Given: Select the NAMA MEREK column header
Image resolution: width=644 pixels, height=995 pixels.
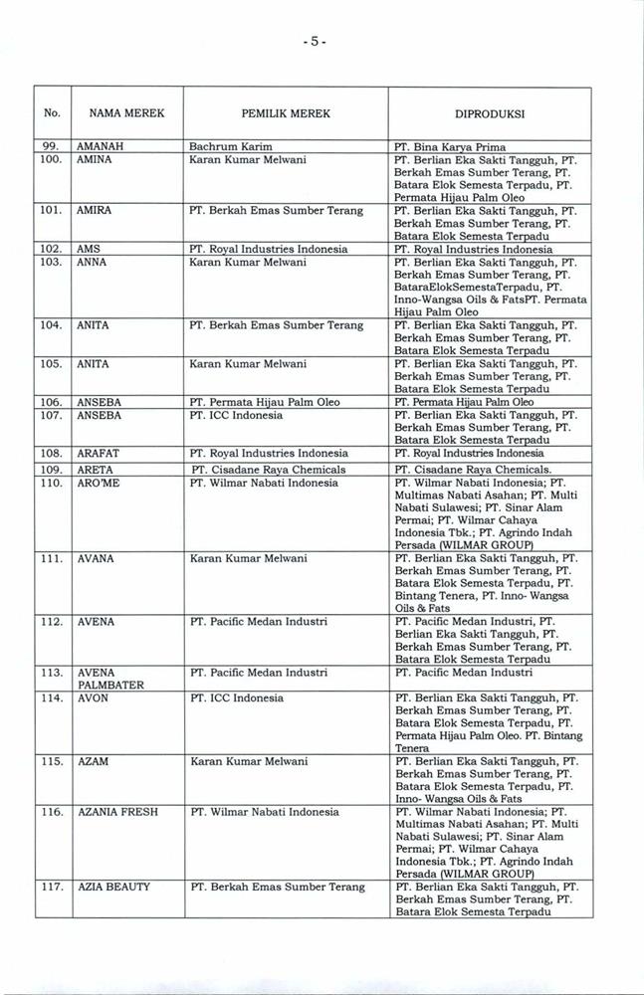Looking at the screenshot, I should click(x=125, y=114).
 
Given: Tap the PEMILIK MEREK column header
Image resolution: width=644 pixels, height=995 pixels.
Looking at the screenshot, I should click(x=286, y=114).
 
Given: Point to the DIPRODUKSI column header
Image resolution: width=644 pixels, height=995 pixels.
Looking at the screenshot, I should click(x=491, y=114).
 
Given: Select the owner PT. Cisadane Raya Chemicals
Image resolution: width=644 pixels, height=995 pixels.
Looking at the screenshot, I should click(x=269, y=469).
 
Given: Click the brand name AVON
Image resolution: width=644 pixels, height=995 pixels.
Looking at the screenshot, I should click(x=93, y=697).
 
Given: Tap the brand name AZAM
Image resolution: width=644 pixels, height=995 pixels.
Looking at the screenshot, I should click(x=95, y=761).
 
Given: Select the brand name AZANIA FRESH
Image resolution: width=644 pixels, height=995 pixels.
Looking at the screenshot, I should click(x=117, y=812).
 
